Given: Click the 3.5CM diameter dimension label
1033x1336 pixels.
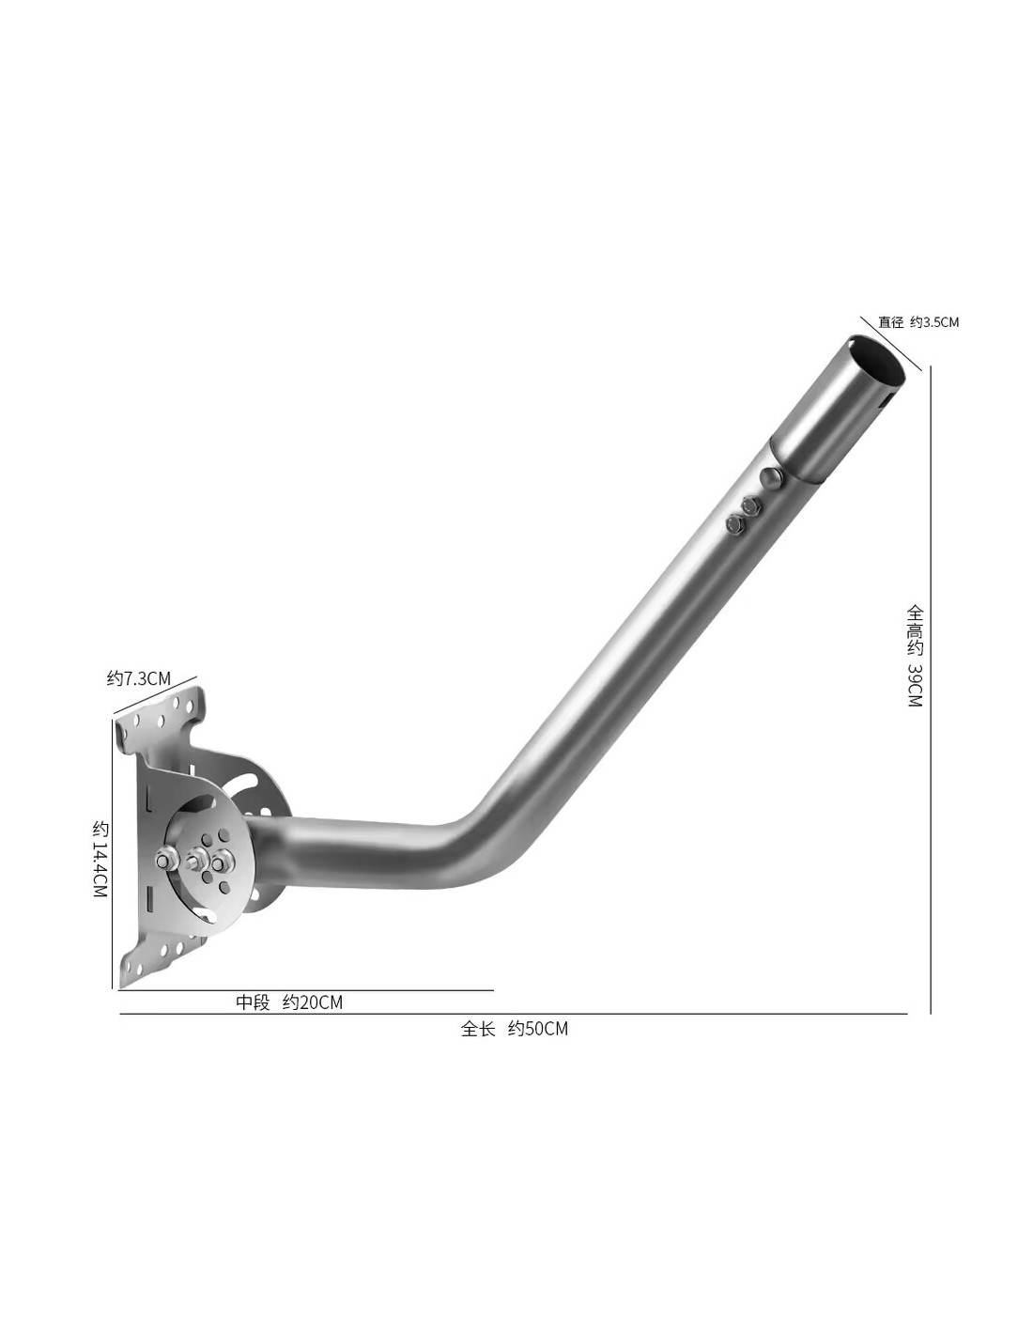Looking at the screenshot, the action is tap(917, 321).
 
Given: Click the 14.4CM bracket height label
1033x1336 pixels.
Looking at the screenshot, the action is tap(100, 859).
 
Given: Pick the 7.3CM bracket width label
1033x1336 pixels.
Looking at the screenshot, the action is tap(138, 678).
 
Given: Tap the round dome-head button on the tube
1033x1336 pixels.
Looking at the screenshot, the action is tap(770, 477).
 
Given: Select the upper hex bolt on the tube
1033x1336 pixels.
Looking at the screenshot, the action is tap(750, 505).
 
